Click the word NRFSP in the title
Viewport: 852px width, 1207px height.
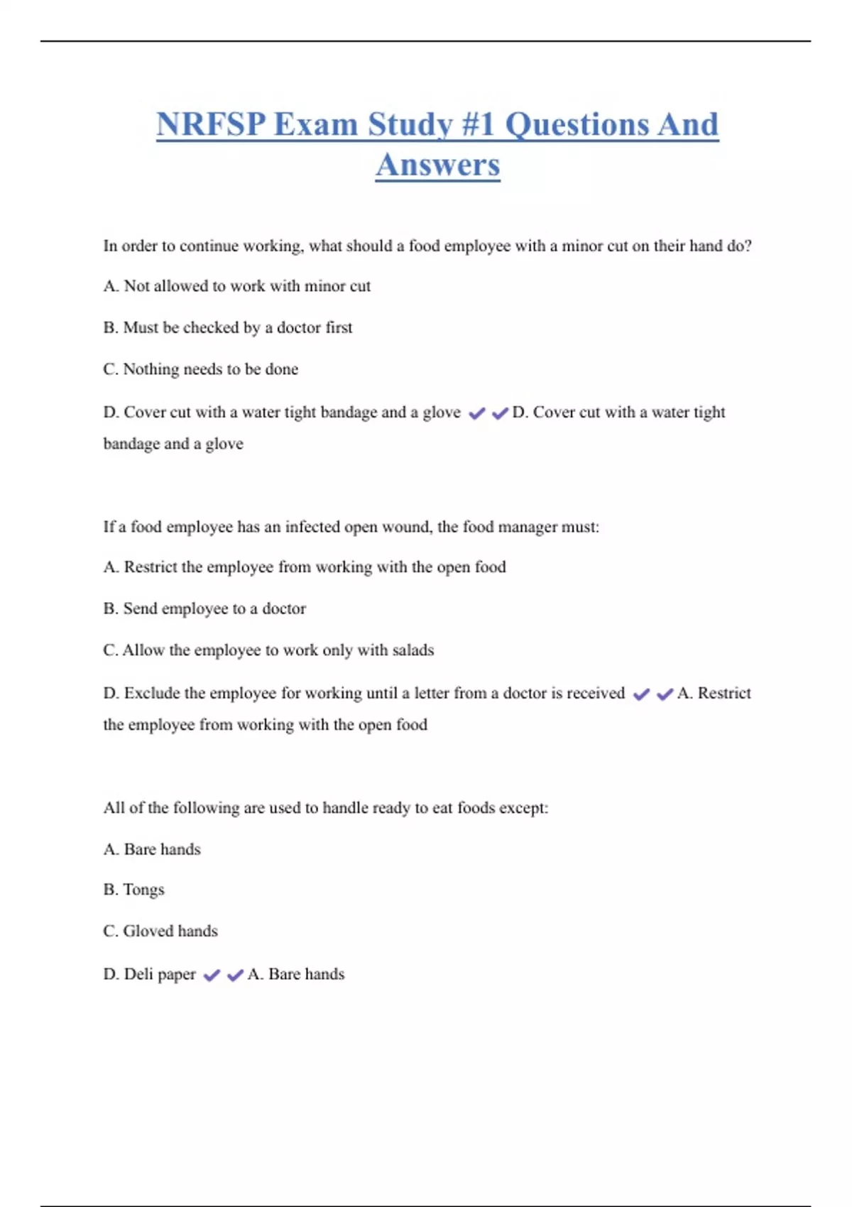pyautogui.click(x=211, y=125)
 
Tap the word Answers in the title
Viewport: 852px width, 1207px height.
pyautogui.click(x=437, y=165)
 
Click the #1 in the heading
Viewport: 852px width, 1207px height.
pyautogui.click(x=478, y=125)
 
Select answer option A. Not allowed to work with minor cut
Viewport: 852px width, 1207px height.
pyautogui.click(x=236, y=286)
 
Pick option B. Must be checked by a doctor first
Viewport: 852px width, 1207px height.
pyautogui.click(x=227, y=327)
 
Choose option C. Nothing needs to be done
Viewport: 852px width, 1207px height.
pyautogui.click(x=200, y=369)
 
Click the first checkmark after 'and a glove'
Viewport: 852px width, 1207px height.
pyautogui.click(x=477, y=413)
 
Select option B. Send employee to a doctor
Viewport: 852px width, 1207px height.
pyautogui.click(x=204, y=608)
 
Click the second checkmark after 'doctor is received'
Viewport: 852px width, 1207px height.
pyautogui.click(x=665, y=694)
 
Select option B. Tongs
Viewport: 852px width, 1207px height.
pyautogui.click(x=133, y=890)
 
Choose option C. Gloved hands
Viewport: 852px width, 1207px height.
pyautogui.click(x=160, y=931)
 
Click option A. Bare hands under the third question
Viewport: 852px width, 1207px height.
pyautogui.click(x=152, y=849)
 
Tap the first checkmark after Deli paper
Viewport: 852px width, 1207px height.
pyautogui.click(x=212, y=976)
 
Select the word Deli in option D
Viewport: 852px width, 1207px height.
pyautogui.click(x=138, y=974)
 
